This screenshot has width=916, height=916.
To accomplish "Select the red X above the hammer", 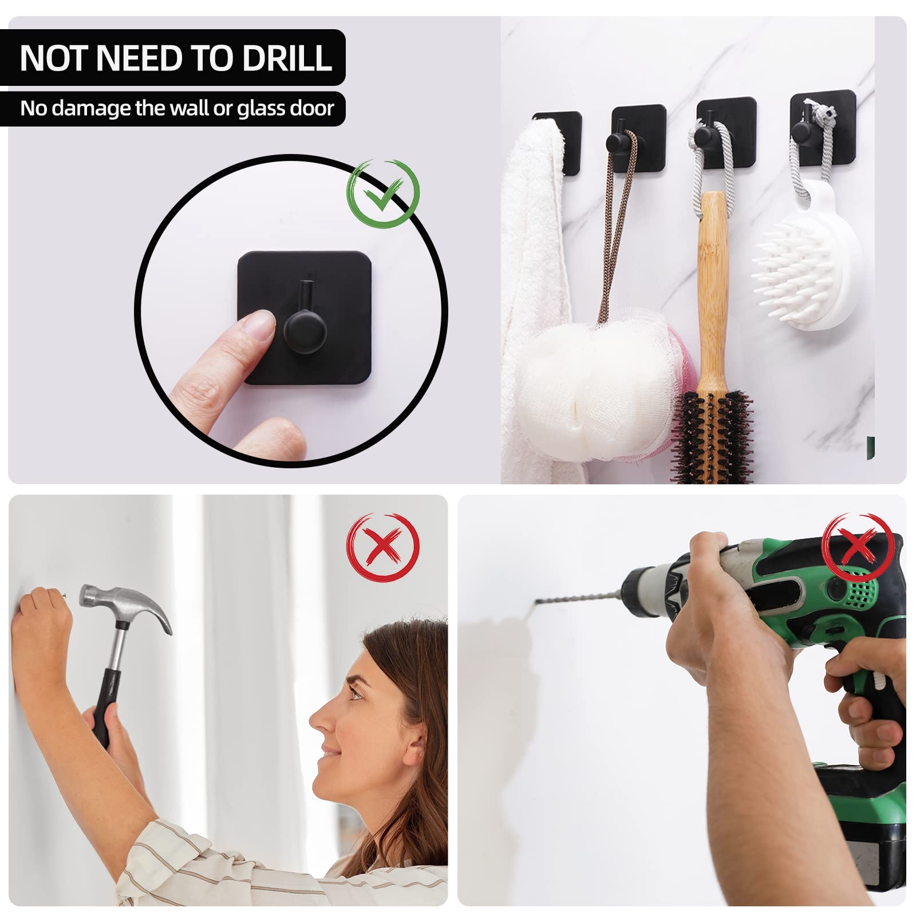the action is pyautogui.click(x=383, y=546).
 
